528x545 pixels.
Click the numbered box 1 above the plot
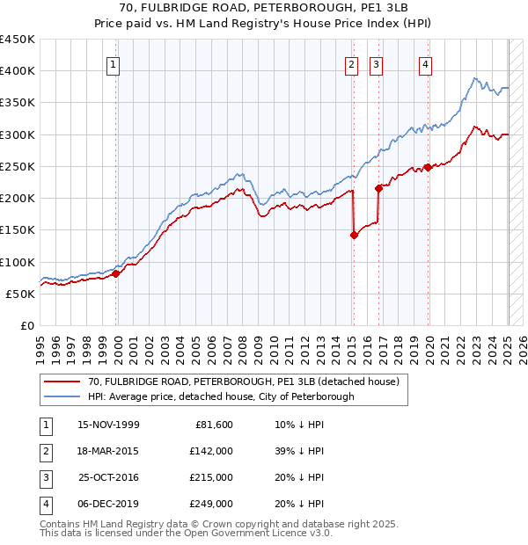(x=115, y=63)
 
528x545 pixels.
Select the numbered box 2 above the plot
(x=352, y=63)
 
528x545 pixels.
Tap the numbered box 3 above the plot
(x=376, y=63)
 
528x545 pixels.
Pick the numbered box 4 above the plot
(x=425, y=63)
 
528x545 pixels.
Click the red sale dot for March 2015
(x=354, y=235)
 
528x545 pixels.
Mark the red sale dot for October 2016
(x=378, y=188)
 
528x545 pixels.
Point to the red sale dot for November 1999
(x=115, y=273)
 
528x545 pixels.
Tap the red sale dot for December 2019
(x=428, y=167)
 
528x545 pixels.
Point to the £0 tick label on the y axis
(x=26, y=325)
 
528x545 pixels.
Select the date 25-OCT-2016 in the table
(x=108, y=477)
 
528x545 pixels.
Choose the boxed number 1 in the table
(x=45, y=425)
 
